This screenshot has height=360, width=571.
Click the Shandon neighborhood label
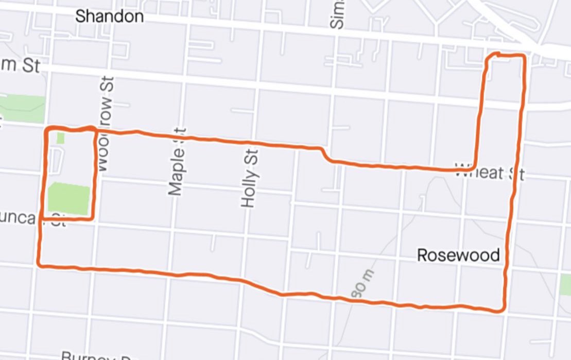coord(109,16)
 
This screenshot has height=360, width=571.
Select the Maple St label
coord(176,162)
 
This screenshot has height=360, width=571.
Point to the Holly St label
coord(249,178)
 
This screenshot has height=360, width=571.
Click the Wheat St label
coord(489,173)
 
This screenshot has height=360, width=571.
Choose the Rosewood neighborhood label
coord(458,255)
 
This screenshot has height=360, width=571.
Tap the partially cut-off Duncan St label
coord(33,219)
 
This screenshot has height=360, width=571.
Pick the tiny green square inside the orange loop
coord(60,138)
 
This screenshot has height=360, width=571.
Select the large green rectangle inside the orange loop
coord(69,199)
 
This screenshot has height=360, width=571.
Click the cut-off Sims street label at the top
coord(338,14)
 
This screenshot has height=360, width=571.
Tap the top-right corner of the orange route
coord(523,56)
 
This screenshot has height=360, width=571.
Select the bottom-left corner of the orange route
coord(40,265)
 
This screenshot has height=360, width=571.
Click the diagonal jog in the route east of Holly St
coord(326,154)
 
